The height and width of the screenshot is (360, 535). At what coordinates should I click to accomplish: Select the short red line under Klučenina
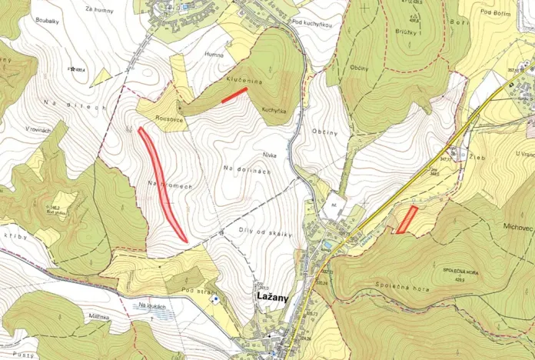coord(234,95)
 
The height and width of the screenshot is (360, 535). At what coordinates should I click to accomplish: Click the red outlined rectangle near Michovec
coord(407,219)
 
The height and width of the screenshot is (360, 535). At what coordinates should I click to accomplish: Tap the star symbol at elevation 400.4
coord(71,69)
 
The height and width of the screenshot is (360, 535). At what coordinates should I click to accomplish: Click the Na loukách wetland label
coord(153,306)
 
